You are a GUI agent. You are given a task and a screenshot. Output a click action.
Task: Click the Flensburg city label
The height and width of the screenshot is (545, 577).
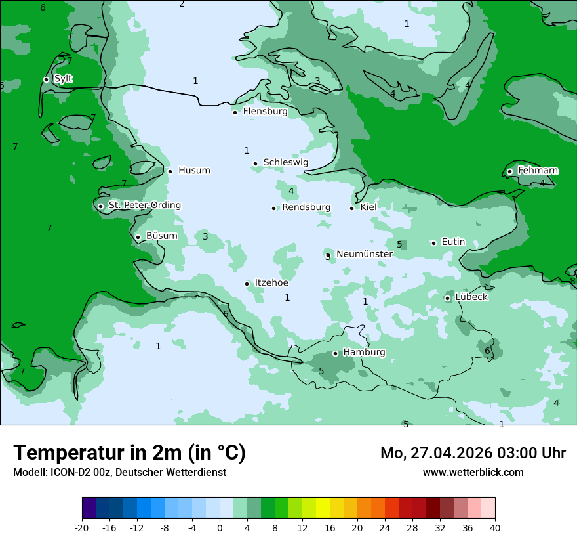tap(265, 112)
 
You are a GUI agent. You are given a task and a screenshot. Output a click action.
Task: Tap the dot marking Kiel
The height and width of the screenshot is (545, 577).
tap(352, 208)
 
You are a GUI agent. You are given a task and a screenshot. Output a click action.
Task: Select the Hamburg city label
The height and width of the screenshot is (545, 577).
tap(364, 353)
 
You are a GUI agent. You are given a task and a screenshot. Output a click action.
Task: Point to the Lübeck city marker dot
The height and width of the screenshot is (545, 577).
tap(448, 298)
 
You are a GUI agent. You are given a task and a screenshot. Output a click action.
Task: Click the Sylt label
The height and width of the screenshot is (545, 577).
tap(63, 79)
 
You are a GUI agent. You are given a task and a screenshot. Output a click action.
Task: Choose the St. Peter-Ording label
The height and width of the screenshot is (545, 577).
tap(144, 206)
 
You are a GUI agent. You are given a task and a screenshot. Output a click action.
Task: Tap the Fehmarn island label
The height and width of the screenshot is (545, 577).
tap(538, 171)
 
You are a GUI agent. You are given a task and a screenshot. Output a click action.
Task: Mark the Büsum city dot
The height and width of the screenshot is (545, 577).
tap(138, 237)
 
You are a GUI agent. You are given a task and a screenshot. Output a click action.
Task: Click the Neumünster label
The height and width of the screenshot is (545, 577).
tap(365, 254)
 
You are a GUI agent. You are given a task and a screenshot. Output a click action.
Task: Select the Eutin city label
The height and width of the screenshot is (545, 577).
tap(453, 242)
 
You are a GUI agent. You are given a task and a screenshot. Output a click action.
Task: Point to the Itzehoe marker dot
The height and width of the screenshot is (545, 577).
tap(247, 284)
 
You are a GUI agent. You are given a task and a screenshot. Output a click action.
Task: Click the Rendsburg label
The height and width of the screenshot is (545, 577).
tap(306, 207)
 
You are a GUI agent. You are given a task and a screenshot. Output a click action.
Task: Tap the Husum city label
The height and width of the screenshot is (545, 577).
tap(194, 171)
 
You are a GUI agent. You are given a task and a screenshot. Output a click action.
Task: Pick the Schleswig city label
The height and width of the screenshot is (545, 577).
tap(285, 163)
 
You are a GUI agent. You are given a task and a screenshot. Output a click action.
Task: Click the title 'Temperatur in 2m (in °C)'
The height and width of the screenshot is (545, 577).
tap(129, 453)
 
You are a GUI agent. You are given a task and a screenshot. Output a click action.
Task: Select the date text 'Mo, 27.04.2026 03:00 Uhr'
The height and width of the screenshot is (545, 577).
tap(473, 453)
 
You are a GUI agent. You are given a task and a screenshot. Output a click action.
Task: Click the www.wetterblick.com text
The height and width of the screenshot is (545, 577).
tap(473, 472)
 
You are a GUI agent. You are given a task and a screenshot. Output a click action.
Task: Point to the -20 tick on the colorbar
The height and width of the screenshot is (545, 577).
tap(82, 527)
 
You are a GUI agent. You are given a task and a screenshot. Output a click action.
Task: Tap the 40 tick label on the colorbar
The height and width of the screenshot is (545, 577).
tap(494, 527)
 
